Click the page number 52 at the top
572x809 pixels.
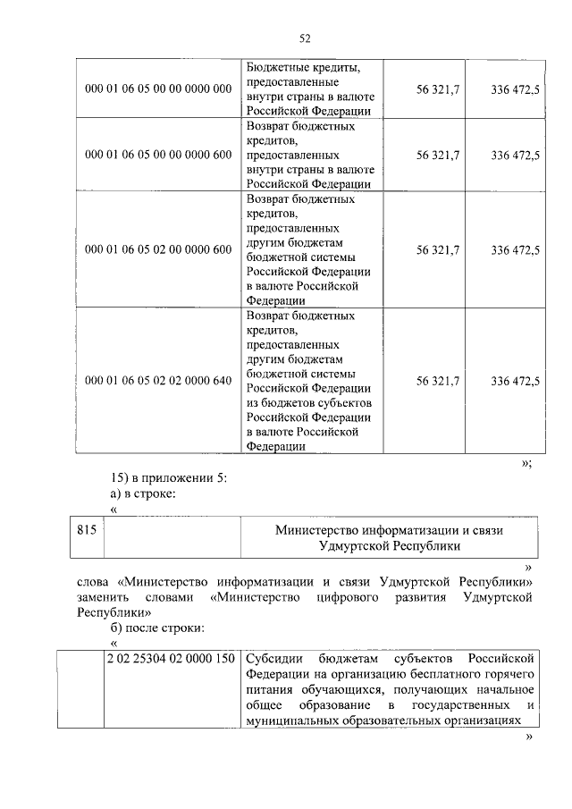304,38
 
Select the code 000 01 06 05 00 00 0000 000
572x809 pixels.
157,89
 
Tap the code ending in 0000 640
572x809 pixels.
157,381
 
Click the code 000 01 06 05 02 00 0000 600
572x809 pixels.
157,250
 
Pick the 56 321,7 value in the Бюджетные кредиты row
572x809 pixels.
438,89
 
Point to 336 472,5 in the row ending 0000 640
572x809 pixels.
515,381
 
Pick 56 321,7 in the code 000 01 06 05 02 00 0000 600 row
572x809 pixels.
438,250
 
